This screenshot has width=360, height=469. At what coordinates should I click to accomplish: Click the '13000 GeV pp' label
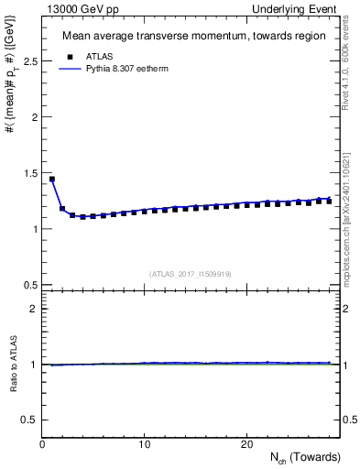click(x=76, y=8)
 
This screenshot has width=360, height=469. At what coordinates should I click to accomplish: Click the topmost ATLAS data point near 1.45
click(x=52, y=180)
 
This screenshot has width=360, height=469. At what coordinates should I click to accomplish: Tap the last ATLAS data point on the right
click(x=329, y=201)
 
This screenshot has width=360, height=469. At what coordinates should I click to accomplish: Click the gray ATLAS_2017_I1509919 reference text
click(x=191, y=274)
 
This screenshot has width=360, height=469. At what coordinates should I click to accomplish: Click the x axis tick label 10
click(x=144, y=444)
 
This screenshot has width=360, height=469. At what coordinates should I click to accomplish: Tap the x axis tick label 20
click(x=246, y=444)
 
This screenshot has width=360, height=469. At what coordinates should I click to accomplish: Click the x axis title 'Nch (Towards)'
click(x=303, y=457)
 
